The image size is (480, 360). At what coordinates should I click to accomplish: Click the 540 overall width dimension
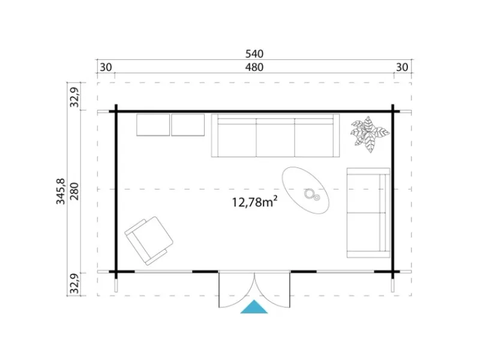click(254, 54)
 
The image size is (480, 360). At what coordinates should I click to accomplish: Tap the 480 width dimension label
click(254, 67)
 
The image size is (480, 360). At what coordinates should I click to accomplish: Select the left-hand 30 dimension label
click(106, 67)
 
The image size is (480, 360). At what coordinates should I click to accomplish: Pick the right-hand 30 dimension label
click(402, 67)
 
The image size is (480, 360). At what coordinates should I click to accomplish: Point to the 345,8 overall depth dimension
click(61, 191)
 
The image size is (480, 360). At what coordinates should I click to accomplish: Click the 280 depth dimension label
click(74, 191)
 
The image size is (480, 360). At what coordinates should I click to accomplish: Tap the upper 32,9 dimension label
click(74, 97)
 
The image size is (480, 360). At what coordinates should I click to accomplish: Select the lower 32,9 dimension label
click(74, 283)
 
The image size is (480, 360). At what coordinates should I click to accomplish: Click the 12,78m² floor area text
click(254, 202)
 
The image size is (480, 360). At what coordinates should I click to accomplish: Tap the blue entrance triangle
click(254, 307)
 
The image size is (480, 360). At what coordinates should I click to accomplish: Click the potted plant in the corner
click(370, 134)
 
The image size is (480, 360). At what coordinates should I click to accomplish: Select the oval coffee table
click(305, 190)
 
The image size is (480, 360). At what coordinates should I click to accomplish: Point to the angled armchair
click(149, 241)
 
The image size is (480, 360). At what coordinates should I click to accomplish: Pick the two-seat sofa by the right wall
click(368, 213)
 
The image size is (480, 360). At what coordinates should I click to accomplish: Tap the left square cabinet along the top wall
click(153, 125)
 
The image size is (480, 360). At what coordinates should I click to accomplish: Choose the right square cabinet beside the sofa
click(188, 125)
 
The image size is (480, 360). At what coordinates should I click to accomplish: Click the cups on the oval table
click(312, 194)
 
